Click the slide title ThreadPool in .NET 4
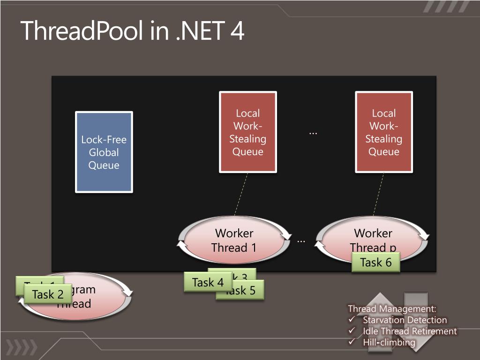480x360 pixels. click(x=132, y=31)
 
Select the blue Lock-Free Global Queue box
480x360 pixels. click(x=104, y=152)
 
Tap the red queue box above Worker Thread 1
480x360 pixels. click(x=248, y=132)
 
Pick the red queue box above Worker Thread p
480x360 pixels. click(x=384, y=132)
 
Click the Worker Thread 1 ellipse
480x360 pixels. click(x=234, y=240)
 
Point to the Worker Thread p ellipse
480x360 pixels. click(x=373, y=237)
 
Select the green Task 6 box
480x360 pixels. click(x=375, y=262)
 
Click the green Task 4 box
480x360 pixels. click(x=208, y=283)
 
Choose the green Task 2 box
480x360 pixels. click(x=47, y=295)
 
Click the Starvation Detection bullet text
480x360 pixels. click(x=405, y=320)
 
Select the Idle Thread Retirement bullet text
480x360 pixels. click(x=409, y=331)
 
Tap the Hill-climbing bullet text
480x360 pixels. click(x=389, y=343)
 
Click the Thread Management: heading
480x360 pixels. click(x=392, y=309)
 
